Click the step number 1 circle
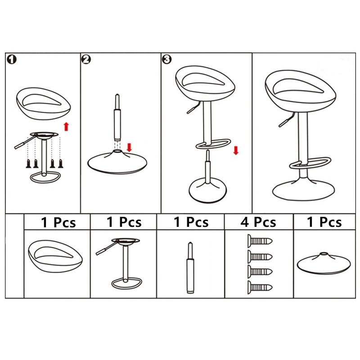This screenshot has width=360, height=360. pos(12,59)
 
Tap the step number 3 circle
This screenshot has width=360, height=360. pos(167,59)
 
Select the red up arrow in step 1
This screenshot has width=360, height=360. pos(66,126)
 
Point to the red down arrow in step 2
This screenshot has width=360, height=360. pos(129,147)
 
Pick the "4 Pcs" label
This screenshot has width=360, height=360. pos(258,222)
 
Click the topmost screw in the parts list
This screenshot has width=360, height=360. pos(260,241)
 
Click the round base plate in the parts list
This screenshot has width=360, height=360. pos(324,263)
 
